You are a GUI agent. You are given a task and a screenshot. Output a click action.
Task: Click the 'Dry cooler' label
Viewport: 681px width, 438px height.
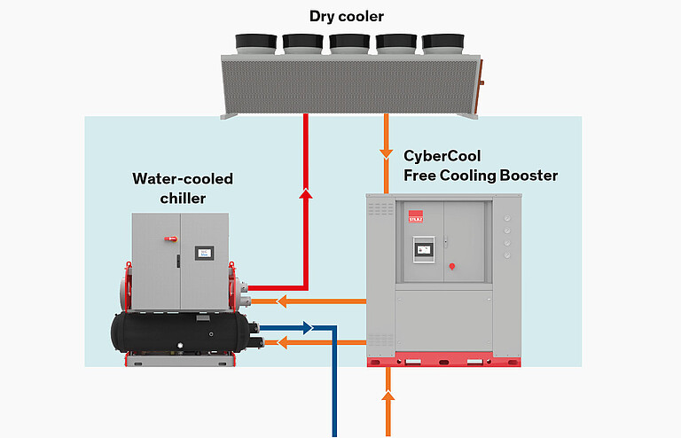tap(348, 16)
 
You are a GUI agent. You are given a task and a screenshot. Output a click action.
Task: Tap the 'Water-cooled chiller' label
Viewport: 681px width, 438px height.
tap(183, 188)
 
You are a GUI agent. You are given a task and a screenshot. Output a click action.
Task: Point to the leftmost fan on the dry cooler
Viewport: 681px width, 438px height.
tap(256, 42)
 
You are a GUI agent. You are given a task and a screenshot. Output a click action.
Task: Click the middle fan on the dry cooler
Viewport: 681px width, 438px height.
tap(348, 42)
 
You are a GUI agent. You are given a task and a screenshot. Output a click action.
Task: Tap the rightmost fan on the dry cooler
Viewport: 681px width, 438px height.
tap(441, 42)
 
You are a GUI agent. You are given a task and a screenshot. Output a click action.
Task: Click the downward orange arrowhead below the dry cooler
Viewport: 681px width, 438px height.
tap(387, 153)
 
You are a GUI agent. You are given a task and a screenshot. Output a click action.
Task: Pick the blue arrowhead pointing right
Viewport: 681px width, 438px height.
tap(307, 328)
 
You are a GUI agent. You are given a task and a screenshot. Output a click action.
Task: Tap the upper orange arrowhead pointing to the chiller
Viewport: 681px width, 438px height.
tap(281, 301)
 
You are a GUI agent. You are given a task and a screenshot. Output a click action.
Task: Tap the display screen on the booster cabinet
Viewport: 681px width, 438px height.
tap(425, 249)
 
